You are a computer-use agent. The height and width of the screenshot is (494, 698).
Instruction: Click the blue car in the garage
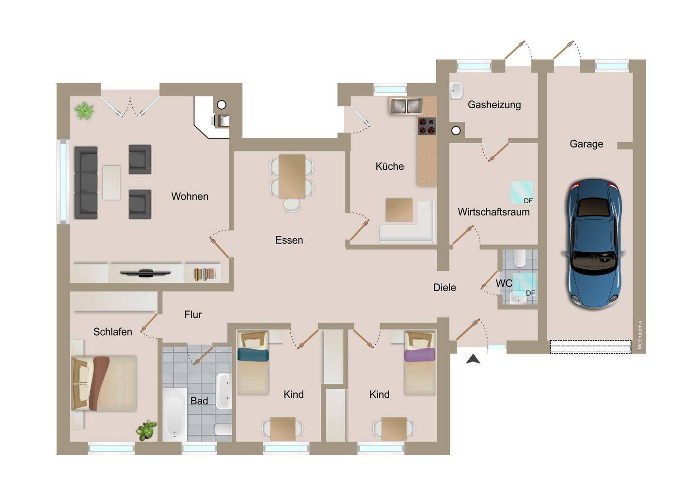594,244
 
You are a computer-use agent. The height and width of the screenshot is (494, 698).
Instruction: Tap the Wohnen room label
190,197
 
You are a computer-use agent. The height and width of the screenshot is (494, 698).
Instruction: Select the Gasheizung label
494,105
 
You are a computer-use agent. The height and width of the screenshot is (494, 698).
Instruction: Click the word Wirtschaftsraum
493,212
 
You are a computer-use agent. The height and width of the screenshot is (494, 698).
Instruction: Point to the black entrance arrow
473,359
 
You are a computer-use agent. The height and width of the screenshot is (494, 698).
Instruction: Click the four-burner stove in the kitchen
427,126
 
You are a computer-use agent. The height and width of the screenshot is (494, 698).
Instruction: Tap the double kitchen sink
406,106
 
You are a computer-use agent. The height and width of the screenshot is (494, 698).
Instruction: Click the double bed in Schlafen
104,383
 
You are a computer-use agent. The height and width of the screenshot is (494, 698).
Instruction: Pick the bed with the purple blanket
420,363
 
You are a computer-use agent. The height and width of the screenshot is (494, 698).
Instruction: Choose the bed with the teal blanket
253,363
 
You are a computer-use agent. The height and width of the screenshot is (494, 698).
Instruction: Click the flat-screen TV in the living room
145,273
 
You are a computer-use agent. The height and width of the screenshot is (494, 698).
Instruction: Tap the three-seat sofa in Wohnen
86,183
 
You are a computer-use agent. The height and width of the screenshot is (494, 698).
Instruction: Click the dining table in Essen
292,177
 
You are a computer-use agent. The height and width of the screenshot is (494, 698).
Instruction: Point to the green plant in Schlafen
146,430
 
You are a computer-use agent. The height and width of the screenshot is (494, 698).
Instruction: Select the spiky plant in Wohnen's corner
84,111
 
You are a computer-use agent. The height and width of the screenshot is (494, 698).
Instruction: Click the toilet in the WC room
520,259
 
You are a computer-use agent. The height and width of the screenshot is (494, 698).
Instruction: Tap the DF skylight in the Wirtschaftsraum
522,193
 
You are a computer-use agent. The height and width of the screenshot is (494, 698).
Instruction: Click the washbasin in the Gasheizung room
456,91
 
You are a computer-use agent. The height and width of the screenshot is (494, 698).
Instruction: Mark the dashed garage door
590,347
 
